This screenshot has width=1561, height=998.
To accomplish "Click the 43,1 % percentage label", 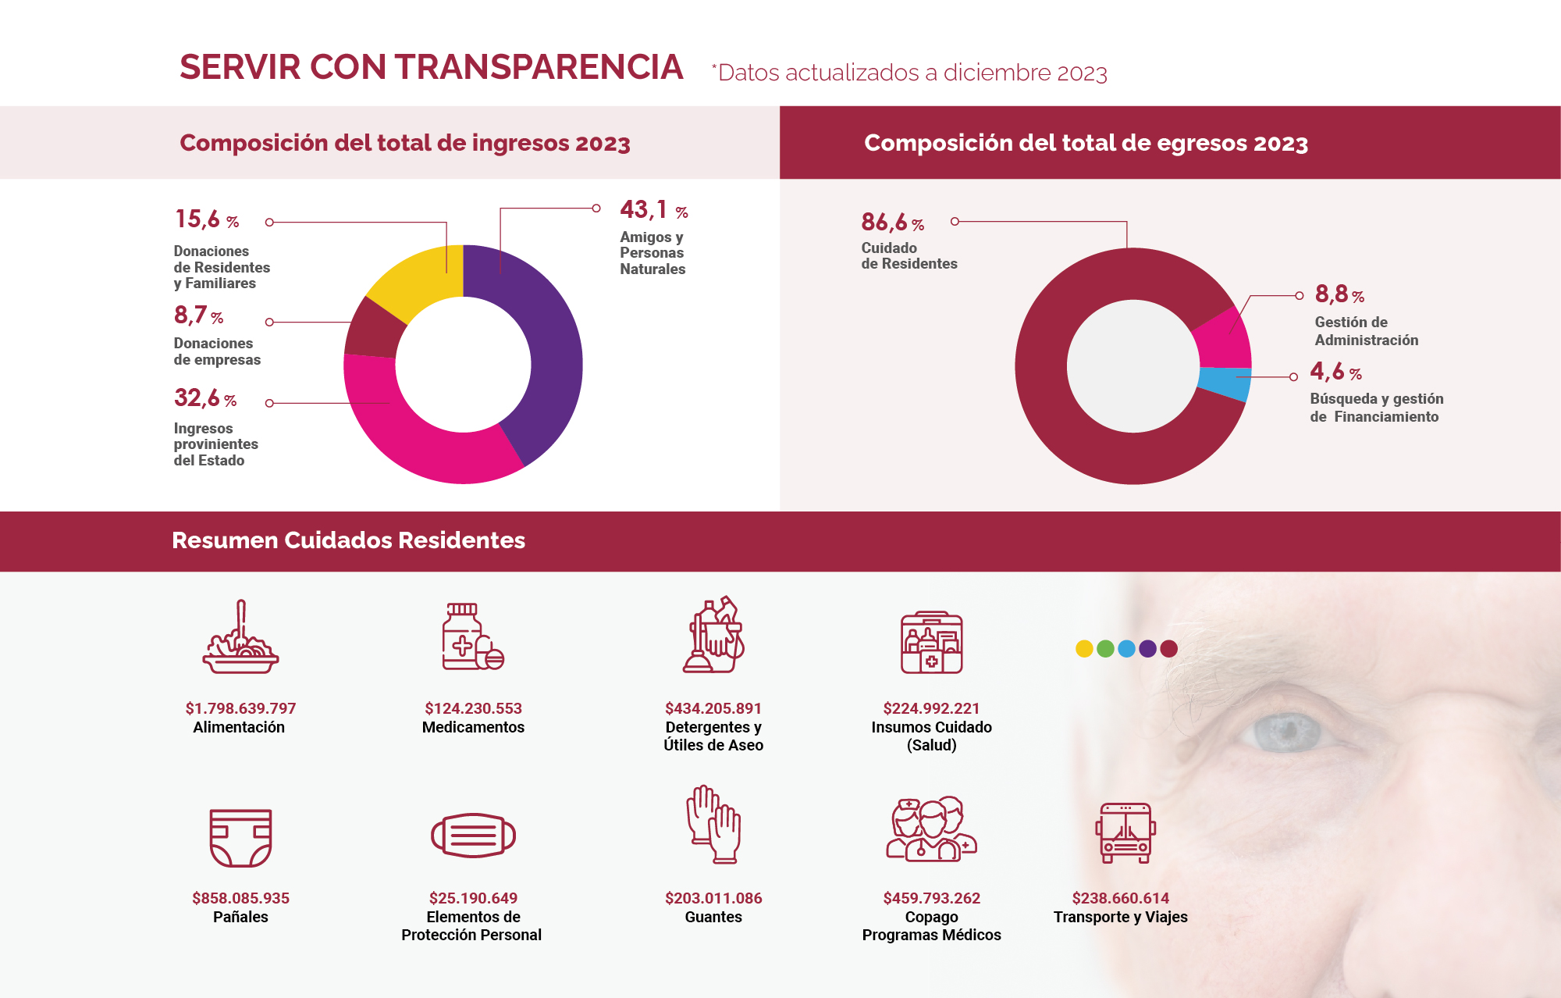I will (653, 210).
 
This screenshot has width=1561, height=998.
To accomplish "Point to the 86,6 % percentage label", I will (892, 223).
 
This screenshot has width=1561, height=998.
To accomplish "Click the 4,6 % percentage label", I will (1335, 372).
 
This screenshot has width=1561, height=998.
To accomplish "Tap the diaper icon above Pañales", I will (240, 838).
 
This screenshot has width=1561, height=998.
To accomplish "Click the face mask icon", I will (473, 835).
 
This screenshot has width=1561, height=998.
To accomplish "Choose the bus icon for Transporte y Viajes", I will (1125, 832).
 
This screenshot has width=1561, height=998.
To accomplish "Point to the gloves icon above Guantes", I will (713, 825).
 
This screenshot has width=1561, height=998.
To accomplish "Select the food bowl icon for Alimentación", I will (240, 639).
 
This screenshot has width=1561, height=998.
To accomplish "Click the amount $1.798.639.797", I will (240, 708).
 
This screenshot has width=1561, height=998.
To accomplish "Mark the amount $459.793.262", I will (931, 898).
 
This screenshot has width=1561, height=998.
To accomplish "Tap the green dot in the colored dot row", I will (1105, 649).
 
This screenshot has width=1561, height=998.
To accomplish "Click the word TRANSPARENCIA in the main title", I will (539, 67).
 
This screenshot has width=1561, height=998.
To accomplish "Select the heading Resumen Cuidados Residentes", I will (348, 540).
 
